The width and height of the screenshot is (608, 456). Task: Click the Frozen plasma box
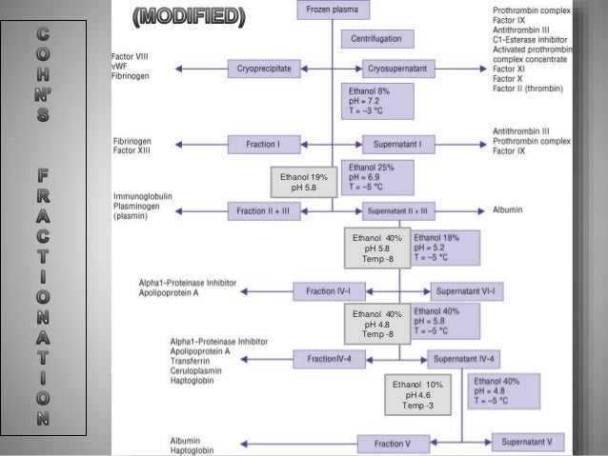[333, 10]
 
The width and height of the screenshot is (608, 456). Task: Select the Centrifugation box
[377, 39]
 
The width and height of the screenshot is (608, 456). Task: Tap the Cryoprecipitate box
[264, 69]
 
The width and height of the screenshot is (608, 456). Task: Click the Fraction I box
[264, 145]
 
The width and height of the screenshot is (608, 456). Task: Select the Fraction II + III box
[264, 210]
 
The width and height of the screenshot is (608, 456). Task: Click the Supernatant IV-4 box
[465, 359]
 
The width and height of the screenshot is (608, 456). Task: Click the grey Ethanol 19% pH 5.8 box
[304, 182]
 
